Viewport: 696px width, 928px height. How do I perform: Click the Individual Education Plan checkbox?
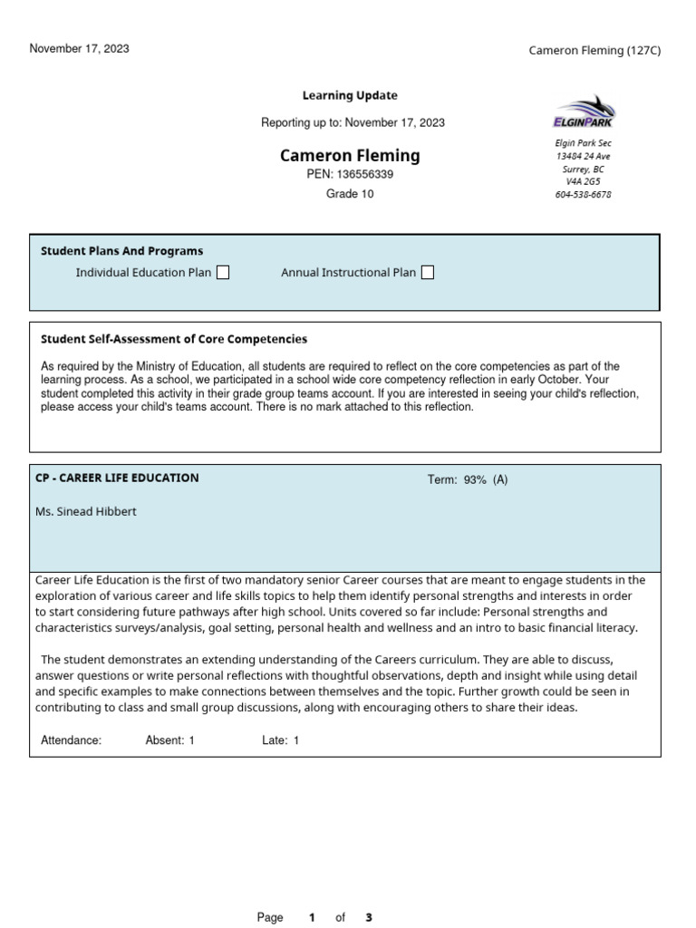[222, 273]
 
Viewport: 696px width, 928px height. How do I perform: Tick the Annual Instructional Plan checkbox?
[428, 273]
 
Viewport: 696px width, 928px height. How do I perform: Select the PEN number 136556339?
[365, 175]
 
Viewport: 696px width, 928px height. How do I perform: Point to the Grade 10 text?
[350, 194]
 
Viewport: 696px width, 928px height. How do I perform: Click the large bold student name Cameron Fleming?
[350, 156]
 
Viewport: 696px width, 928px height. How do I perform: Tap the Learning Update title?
[350, 96]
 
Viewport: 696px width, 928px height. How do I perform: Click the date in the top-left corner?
[80, 49]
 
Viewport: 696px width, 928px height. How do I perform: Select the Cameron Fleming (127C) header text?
[594, 51]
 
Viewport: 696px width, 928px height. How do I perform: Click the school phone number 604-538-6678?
[583, 195]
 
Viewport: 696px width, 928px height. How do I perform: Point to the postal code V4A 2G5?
[583, 182]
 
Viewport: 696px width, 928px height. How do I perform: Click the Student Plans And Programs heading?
[121, 251]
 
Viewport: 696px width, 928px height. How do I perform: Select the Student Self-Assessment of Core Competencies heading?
[174, 339]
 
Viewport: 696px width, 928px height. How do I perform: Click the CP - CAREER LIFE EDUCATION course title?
[117, 478]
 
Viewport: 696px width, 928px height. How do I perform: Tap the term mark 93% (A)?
[468, 480]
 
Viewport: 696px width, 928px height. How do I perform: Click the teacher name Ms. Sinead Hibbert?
[86, 512]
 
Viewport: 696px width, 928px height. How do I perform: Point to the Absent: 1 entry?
[170, 740]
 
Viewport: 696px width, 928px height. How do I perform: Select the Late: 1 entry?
[281, 740]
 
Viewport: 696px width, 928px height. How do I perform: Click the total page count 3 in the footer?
[369, 917]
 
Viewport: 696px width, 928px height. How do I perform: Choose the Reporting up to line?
[353, 123]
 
